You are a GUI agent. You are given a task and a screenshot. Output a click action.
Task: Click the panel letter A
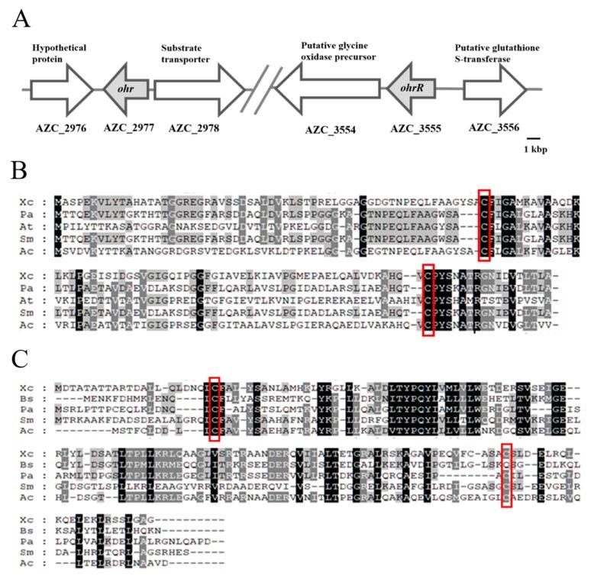point(21,17)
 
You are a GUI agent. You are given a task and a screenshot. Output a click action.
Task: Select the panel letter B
point(20,169)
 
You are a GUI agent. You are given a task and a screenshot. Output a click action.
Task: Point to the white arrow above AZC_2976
point(61,89)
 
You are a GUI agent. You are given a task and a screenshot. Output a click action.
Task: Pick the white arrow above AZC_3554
point(328,89)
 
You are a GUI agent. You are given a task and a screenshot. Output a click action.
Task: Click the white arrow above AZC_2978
point(199,89)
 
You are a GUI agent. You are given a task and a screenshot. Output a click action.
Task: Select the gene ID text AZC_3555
point(416,127)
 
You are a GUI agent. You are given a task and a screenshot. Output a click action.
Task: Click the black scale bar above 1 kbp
point(534,135)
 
